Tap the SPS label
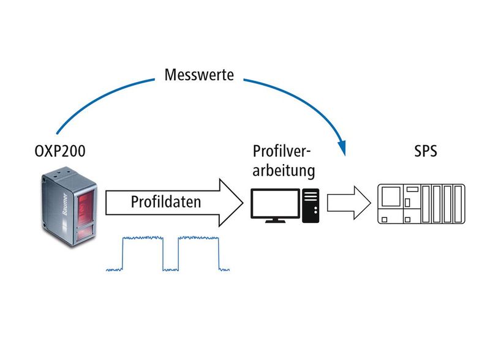423,151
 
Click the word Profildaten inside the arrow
165,202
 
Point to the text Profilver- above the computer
282,151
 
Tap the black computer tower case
311,204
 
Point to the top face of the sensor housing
61,179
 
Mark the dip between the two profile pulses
170,268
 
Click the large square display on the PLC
391,198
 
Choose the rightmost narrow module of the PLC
456,206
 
